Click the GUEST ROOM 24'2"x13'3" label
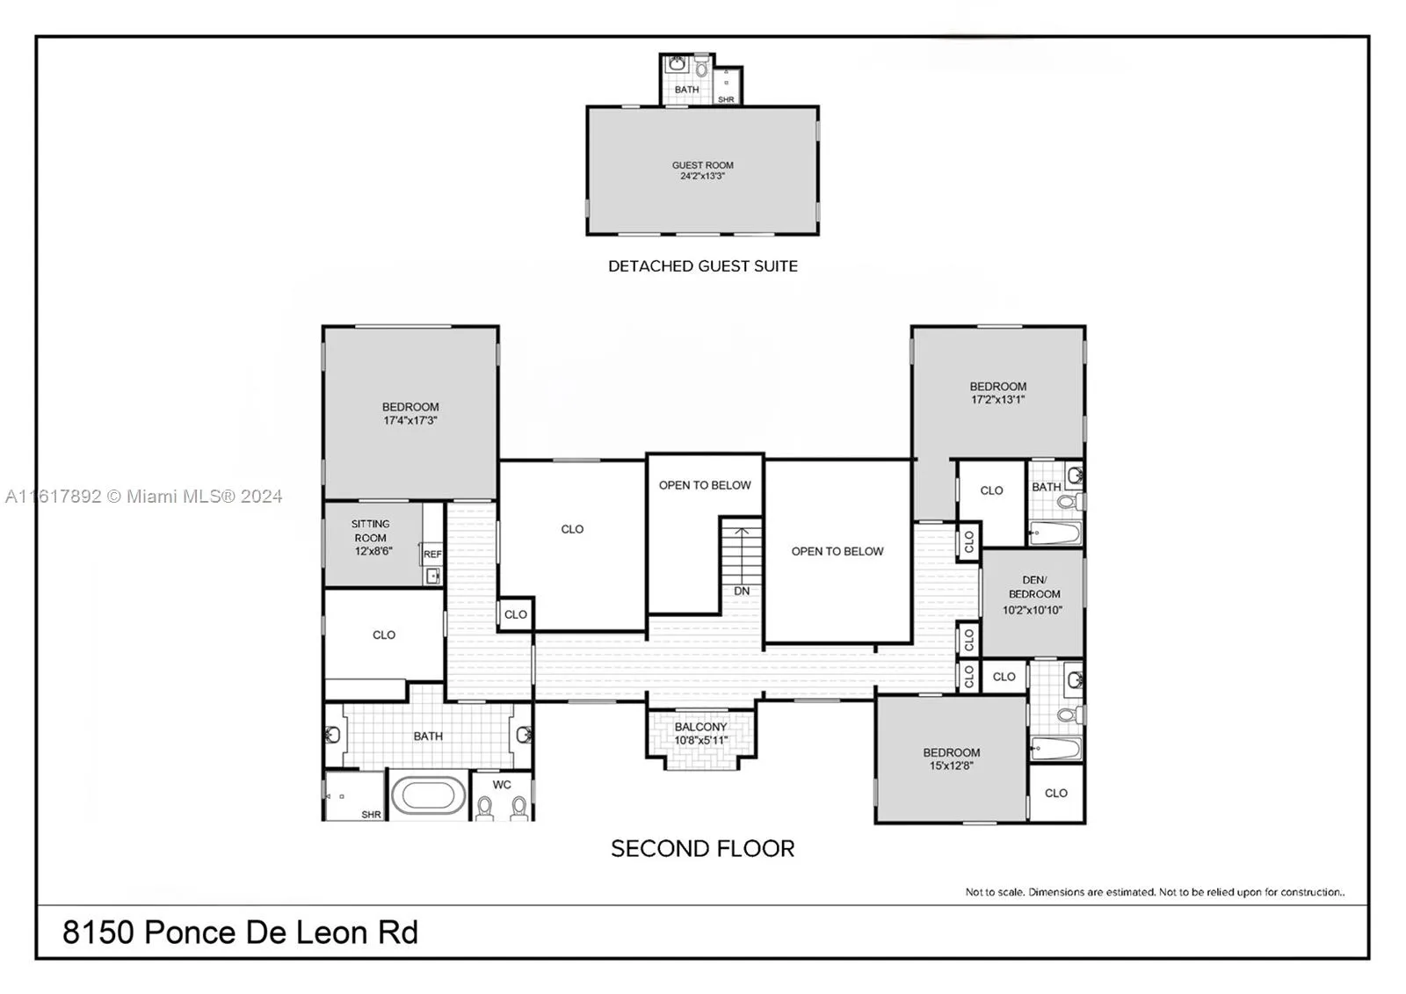[702, 171]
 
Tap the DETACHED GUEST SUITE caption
[702, 266]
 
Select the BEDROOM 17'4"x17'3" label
[409, 414]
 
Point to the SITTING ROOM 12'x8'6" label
[372, 537]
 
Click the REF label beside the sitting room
[432, 555]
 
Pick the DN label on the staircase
[742, 591]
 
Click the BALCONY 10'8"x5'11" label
[700, 734]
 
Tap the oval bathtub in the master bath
[427, 796]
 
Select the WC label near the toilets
[502, 785]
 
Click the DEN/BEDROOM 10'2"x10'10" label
[1033, 595]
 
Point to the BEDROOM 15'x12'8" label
[951, 759]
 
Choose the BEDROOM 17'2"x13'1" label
[997, 393]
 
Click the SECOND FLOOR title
[702, 849]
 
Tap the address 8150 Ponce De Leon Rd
[240, 932]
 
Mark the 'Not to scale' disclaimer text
[1154, 892]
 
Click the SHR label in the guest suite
[726, 100]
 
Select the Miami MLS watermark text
[144, 497]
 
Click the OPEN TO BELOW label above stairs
[705, 485]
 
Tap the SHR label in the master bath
[371, 815]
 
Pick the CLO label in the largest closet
[572, 529]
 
